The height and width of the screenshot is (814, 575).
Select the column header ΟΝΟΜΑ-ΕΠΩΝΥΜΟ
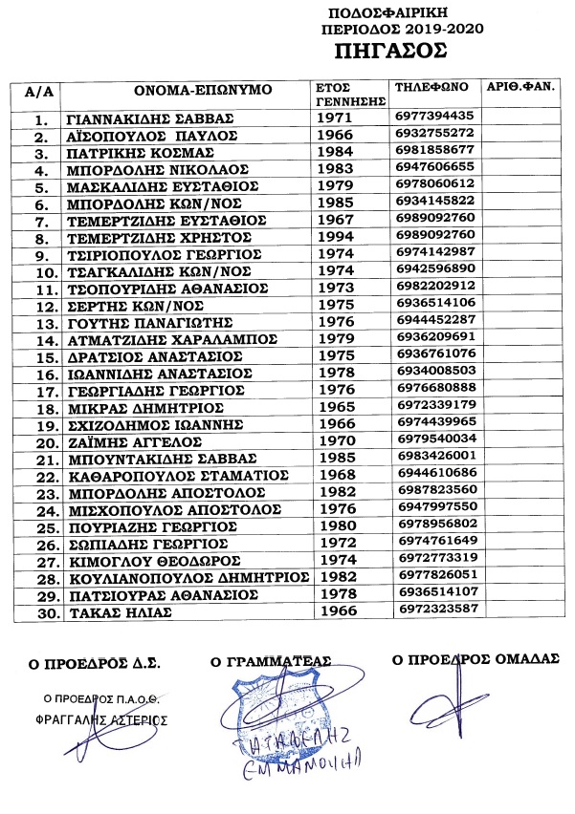(x=204, y=90)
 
